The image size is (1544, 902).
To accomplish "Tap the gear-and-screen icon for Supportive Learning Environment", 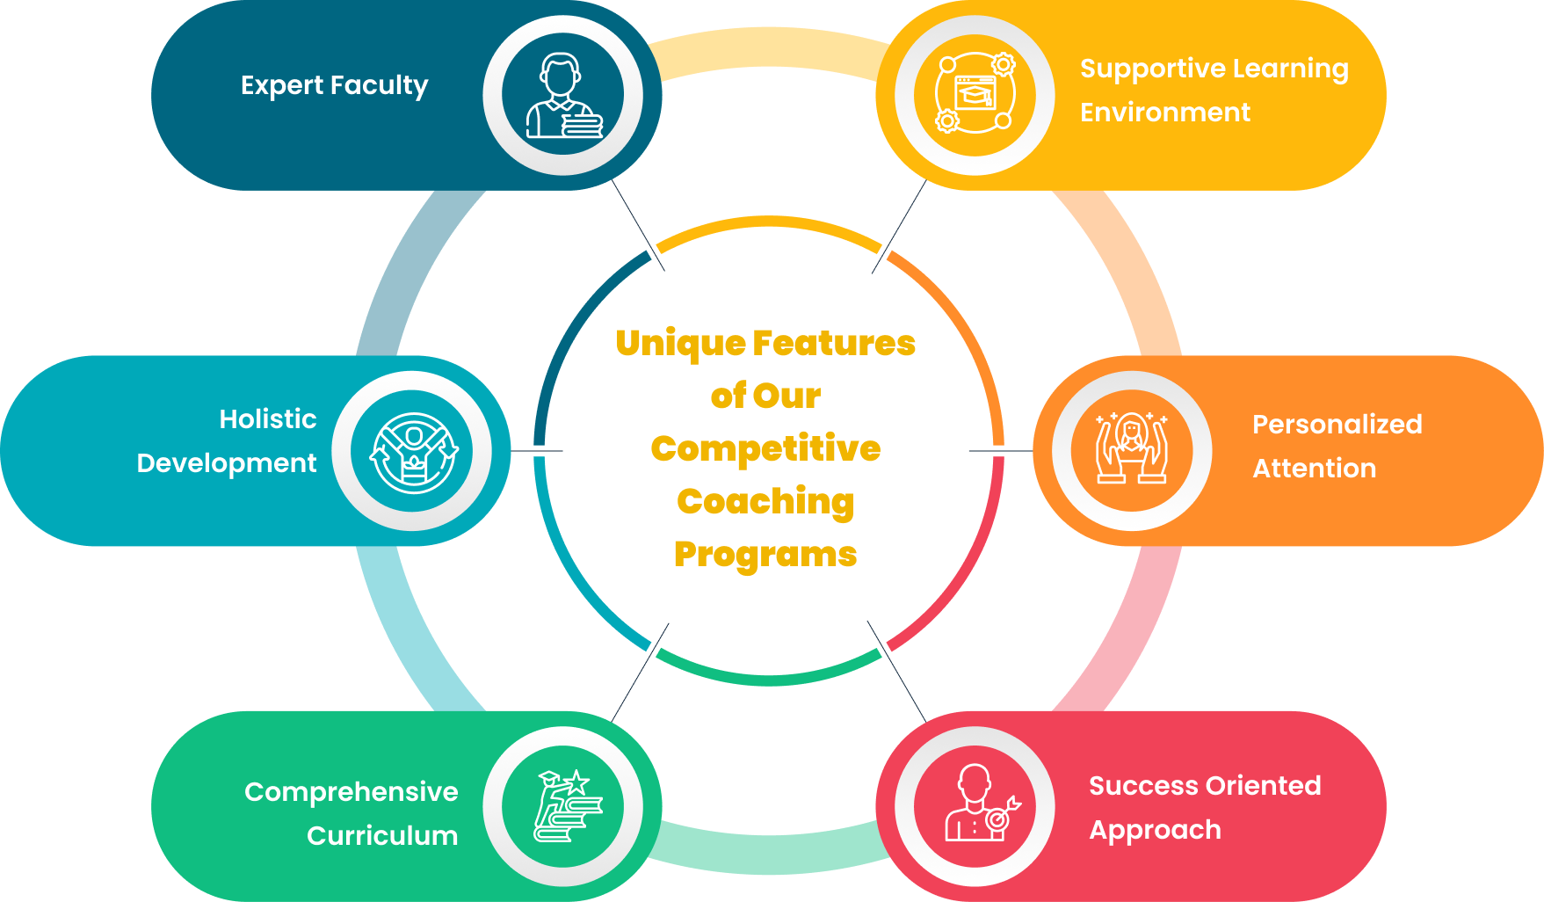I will coord(975,93).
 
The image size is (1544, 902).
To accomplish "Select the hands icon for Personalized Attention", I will coord(1132,450).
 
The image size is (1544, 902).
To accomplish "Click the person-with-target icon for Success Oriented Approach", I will coord(975,805).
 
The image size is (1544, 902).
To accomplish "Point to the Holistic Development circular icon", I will coord(413,452).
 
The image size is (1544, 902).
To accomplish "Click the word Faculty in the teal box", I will coord(380,85).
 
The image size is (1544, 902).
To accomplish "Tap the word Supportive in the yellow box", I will coord(1140,69).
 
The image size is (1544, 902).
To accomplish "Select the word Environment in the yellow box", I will coord(1164,113).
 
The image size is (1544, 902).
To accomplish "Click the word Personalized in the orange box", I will coord(1337,425).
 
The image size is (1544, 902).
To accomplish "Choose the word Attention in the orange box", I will coord(1314,469).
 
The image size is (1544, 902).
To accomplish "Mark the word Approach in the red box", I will coord(1155,830).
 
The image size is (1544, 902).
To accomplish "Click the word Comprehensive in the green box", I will coord(351,792).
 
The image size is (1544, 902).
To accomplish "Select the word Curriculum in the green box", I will coord(382,835).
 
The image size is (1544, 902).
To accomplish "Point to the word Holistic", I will coord(267,419).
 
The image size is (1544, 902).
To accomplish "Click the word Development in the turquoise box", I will coord(226,463).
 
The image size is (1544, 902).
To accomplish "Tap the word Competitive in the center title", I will coord(765,449).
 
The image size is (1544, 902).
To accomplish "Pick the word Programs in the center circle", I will coord(765,555).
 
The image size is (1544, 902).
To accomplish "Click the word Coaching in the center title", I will coord(765,502).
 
